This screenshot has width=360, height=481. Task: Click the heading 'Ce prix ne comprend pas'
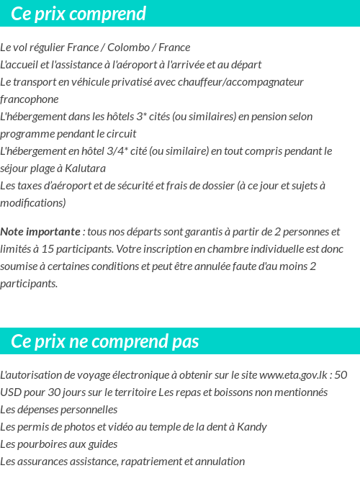pyautogui.click(x=105, y=341)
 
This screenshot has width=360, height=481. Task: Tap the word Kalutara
pyautogui.click(x=85, y=168)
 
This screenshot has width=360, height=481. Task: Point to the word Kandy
pyautogui.click(x=252, y=427)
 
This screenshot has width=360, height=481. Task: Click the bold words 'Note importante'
pyautogui.click(x=40, y=232)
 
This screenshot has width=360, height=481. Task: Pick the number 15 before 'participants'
pyautogui.click(x=57, y=249)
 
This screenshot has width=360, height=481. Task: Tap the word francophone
pyautogui.click(x=30, y=99)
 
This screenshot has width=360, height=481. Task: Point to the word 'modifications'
pyautogui.click(x=33, y=203)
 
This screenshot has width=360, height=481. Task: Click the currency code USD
pyautogui.click(x=11, y=392)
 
